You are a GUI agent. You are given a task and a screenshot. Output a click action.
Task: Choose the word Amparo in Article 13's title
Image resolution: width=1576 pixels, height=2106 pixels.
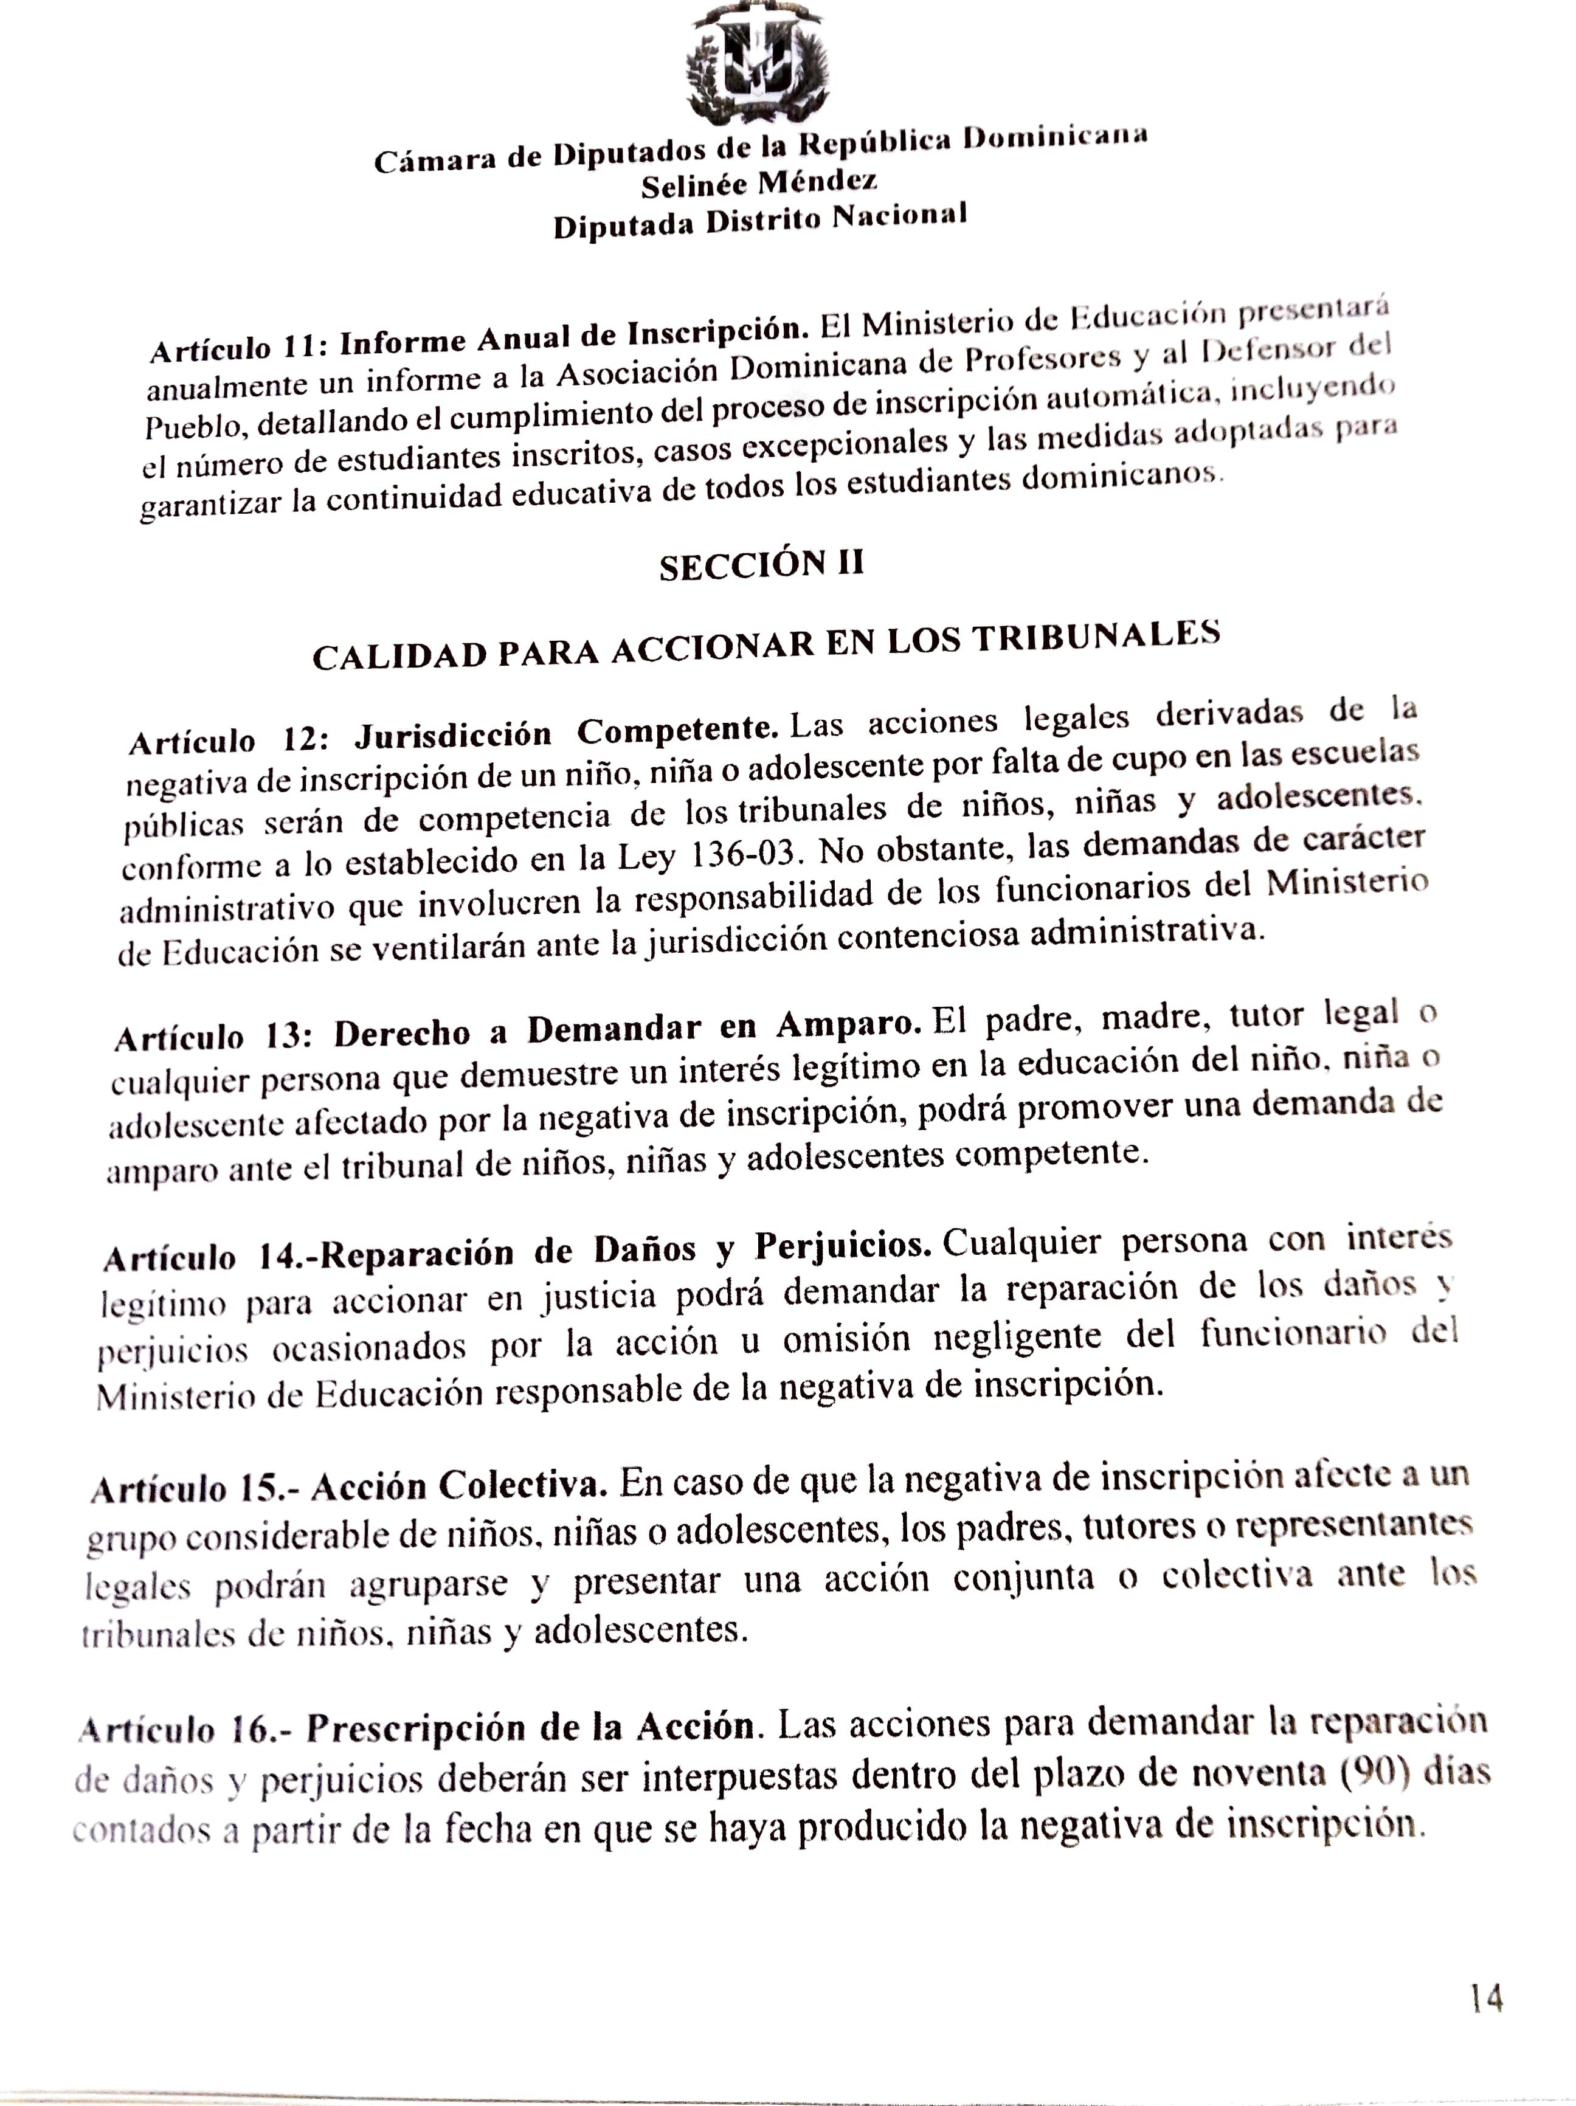coord(848,1023)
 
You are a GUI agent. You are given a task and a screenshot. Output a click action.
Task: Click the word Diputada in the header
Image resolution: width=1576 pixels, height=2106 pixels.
coord(624,226)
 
